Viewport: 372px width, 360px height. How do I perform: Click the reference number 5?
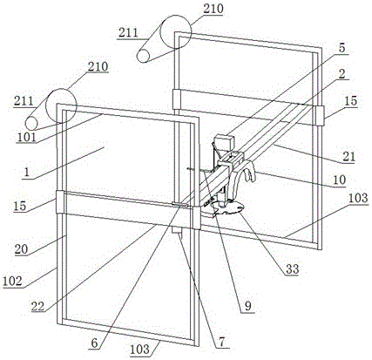pos(342,48)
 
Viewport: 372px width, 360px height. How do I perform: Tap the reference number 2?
pos(342,73)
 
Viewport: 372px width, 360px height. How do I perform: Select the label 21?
pos(348,157)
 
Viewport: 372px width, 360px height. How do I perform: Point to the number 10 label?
pos(339,180)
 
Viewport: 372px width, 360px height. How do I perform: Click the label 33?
pos(292,269)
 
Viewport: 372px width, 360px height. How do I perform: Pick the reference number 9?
pos(248,306)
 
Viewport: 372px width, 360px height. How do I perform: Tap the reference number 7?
pos(222,342)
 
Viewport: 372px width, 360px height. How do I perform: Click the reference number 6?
pos(95,343)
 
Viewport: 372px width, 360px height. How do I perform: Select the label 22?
pos(38,306)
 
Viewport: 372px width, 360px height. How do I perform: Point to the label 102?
pos(12,281)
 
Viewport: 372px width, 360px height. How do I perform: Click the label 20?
pos(21,249)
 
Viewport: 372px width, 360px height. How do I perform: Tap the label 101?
pos(26,137)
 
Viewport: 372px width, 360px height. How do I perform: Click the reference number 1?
pos(27,172)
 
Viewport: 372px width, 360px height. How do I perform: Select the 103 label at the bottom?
pos(140,350)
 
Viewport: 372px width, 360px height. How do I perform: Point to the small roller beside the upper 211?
pos(143,56)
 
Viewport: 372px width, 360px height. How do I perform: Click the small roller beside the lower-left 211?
pos(31,124)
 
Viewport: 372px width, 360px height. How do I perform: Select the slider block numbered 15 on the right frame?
pos(319,116)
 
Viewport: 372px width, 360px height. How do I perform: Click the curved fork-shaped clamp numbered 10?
pos(242,174)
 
